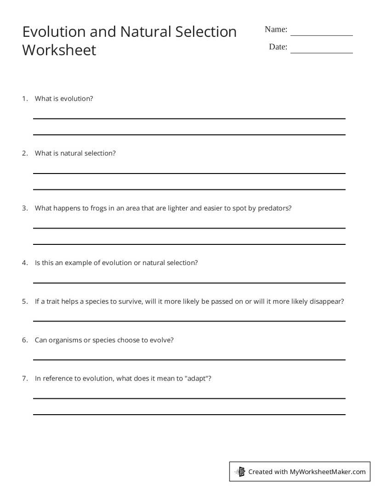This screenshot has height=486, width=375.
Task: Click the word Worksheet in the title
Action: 59,50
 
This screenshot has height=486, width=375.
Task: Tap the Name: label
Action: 276,29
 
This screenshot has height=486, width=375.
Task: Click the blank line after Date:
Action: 321,52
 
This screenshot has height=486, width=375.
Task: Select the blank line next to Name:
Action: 321,35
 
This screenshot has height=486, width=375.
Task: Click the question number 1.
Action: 25,98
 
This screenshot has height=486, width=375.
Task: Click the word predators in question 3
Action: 274,208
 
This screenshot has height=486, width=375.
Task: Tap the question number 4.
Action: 25,263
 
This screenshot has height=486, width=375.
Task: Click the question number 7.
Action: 25,379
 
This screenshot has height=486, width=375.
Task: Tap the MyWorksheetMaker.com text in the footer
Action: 328,471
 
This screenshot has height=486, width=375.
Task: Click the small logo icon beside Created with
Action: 240,471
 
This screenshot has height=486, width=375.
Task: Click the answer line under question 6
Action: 189,359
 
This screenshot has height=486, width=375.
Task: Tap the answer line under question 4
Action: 189,283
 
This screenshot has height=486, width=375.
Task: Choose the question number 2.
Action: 25,153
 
